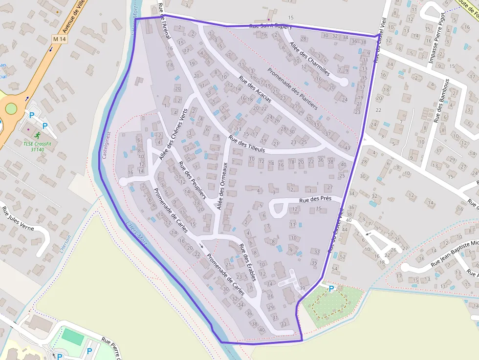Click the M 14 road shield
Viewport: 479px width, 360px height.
pos(59,39)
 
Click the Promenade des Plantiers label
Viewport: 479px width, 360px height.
pos(292,88)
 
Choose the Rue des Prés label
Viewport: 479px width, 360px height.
pos(315,199)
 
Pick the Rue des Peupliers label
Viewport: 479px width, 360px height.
pos(192,180)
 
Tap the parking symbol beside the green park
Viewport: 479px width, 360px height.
pos(331,289)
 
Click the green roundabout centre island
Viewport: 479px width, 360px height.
pos(10,108)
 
